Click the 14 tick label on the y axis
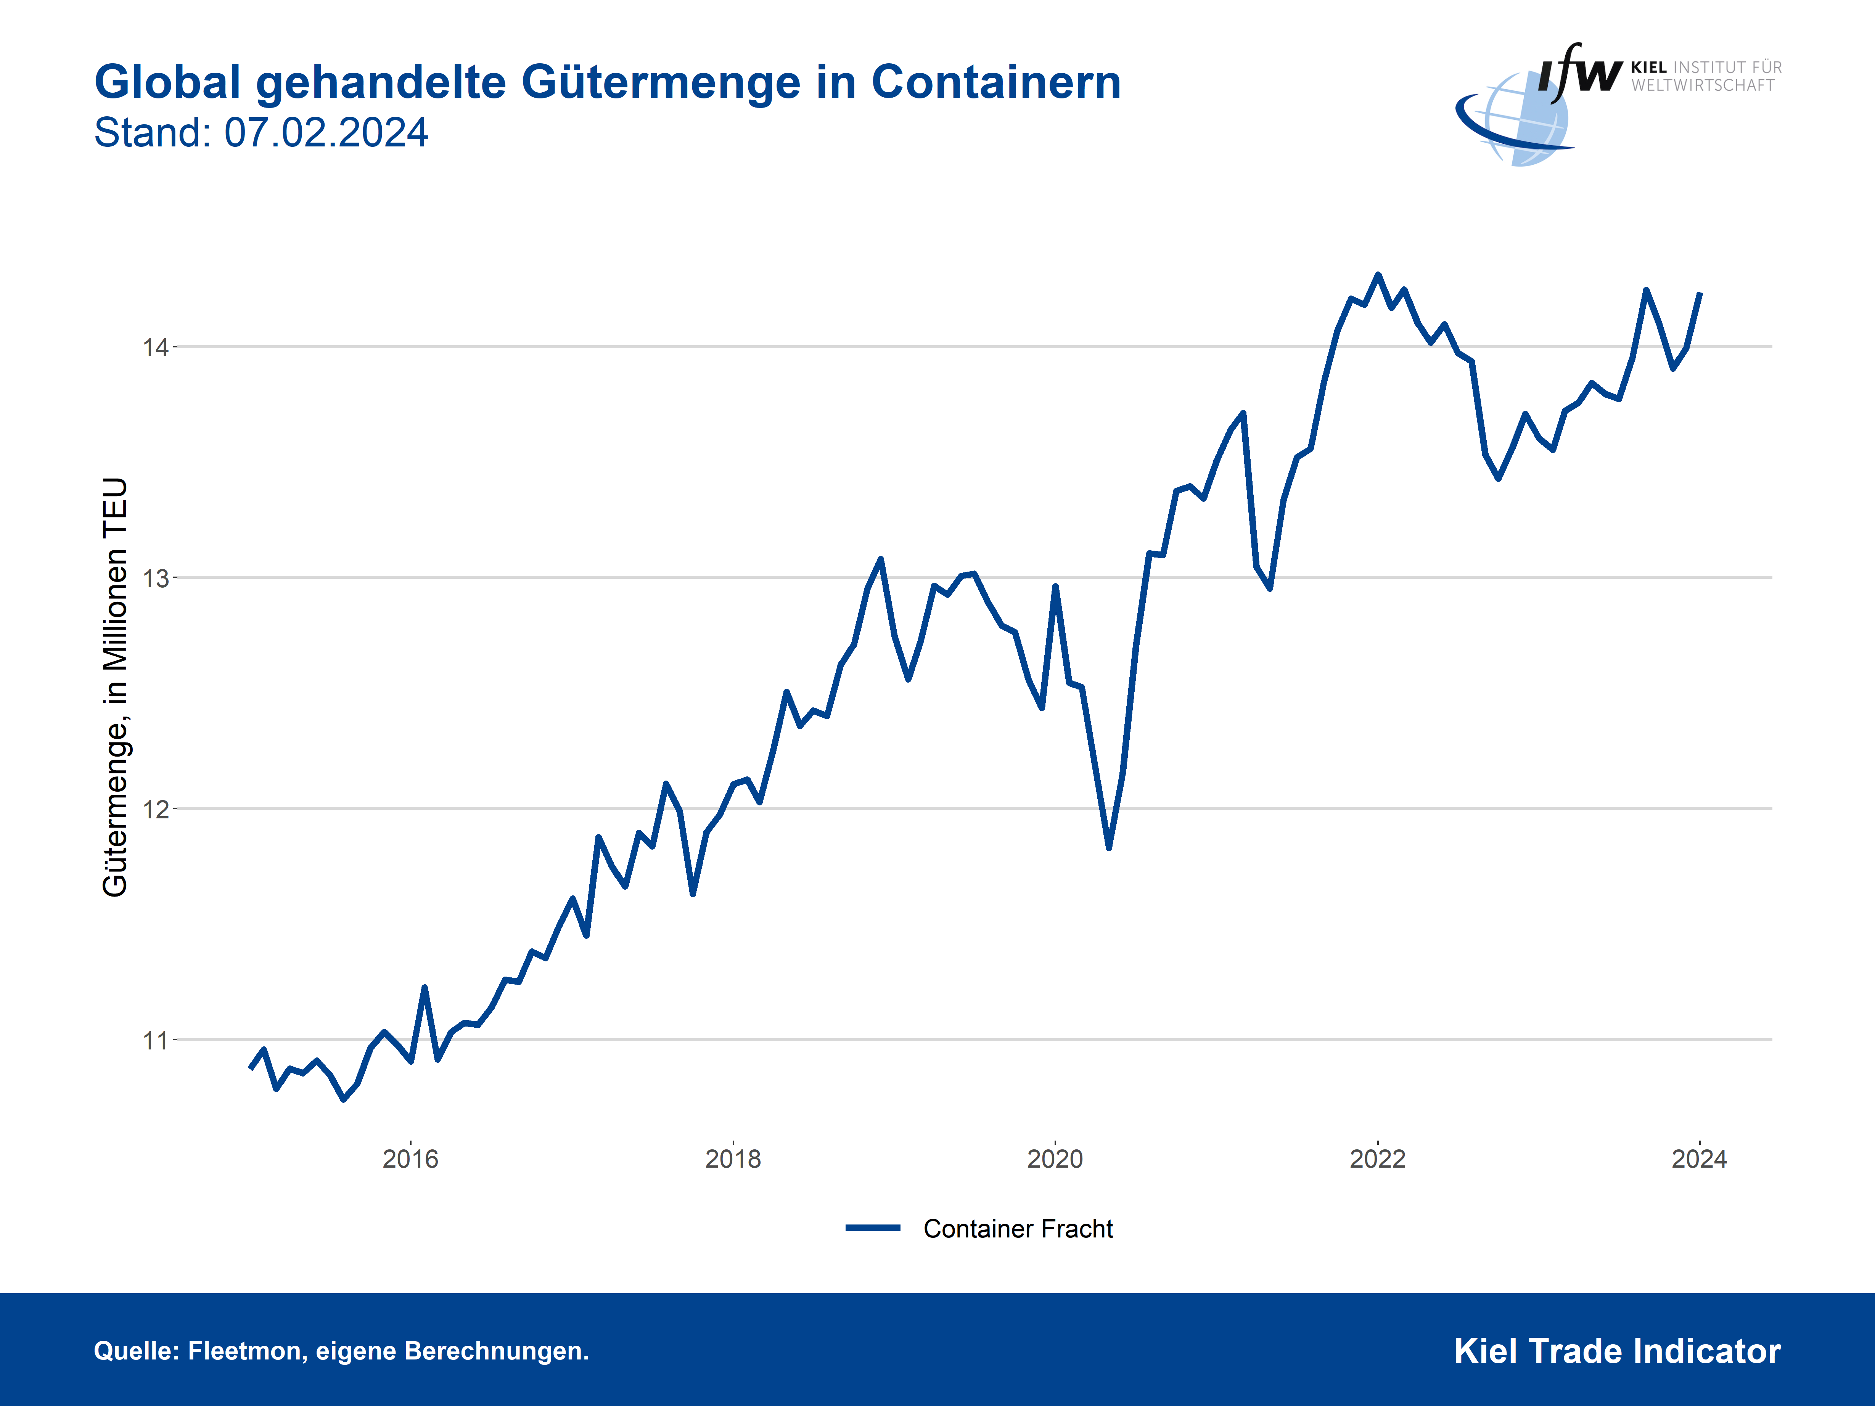155,347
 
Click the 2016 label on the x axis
410,1159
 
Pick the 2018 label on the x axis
733,1159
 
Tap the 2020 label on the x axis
1055,1159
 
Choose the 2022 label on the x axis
1377,1159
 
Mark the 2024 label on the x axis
1700,1159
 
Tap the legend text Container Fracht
1018,1229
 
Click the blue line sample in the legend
873,1227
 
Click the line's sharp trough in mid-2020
1109,847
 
